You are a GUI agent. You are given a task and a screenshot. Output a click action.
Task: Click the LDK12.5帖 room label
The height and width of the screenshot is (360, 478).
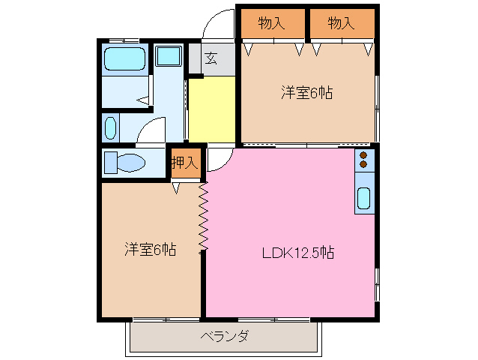click(x=297, y=253)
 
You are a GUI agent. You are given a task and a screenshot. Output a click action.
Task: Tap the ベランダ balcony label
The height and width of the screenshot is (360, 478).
click(x=224, y=337)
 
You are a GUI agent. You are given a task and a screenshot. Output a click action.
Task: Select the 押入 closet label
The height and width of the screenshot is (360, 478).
click(x=184, y=161)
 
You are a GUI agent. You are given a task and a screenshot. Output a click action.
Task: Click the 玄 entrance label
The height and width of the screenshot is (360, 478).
click(x=212, y=58)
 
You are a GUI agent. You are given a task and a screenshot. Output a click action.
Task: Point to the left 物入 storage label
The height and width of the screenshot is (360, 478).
click(x=271, y=23)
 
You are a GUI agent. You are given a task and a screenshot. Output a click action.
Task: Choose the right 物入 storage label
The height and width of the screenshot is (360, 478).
click(x=341, y=23)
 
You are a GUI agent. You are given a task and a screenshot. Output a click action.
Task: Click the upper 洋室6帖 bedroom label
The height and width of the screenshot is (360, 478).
click(x=307, y=93)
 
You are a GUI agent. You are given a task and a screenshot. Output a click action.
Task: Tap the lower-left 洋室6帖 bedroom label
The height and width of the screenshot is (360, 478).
click(x=150, y=249)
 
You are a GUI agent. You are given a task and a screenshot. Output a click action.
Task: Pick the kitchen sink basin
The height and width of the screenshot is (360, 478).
click(x=363, y=198)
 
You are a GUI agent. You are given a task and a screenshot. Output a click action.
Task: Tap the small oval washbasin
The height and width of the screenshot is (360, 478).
click(x=111, y=127)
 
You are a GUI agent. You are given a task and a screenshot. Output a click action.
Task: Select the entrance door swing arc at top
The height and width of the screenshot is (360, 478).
click(x=219, y=22)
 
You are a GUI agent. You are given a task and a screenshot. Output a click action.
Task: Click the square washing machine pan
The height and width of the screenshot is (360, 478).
click(x=169, y=56)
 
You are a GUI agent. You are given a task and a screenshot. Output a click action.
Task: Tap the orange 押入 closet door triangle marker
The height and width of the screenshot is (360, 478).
click(x=176, y=188)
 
